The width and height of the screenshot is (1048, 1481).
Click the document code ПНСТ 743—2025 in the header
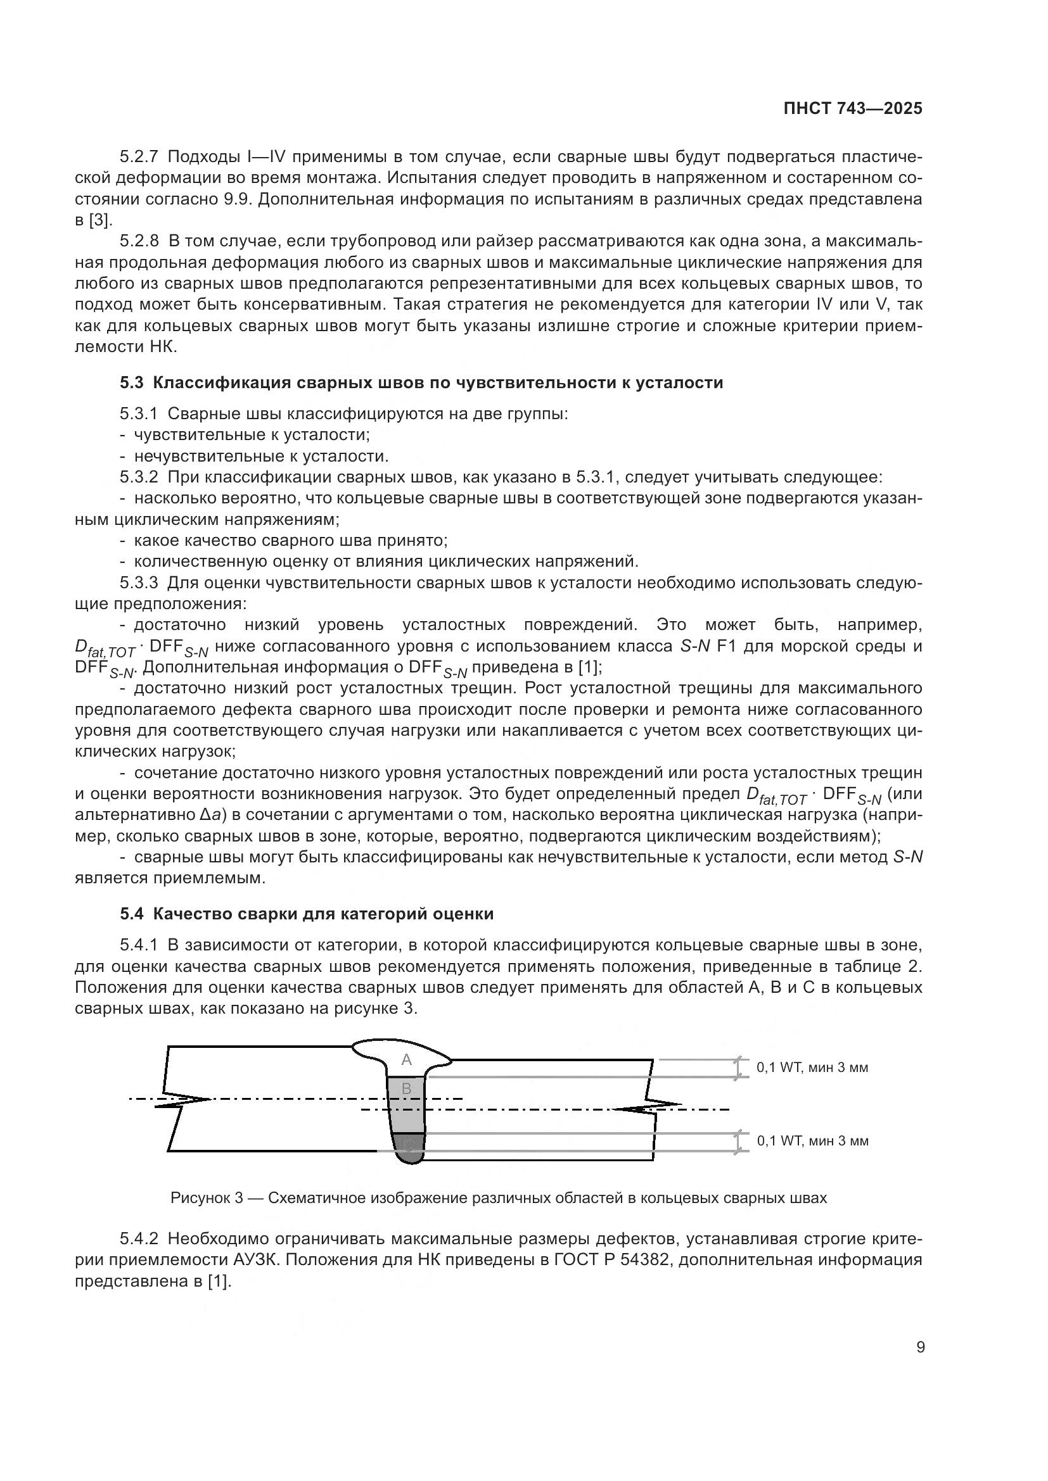click(x=852, y=109)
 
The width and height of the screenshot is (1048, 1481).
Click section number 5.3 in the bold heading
click(x=131, y=382)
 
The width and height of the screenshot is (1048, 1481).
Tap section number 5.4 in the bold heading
click(x=131, y=914)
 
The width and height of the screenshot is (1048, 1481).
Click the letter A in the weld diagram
click(x=407, y=1060)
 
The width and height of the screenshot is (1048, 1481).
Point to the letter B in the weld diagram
click(x=407, y=1089)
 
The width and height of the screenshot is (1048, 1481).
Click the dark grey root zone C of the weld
click(x=409, y=1145)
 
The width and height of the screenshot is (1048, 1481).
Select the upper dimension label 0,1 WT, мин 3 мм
click(x=812, y=1068)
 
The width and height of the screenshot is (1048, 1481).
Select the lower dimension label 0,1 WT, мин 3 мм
click(x=812, y=1140)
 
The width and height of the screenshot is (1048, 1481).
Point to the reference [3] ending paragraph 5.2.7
click(x=98, y=220)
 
